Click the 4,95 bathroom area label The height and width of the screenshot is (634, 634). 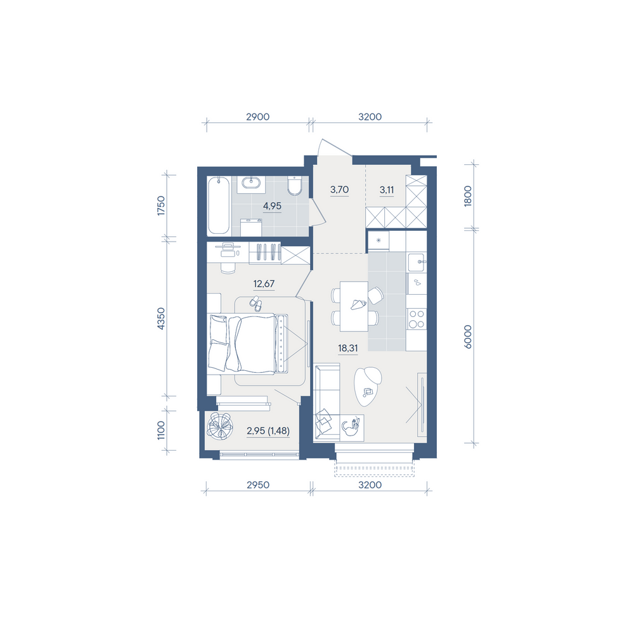tap(272, 206)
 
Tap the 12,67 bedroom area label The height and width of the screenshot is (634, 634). tap(264, 283)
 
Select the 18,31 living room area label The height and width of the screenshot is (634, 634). tap(347, 347)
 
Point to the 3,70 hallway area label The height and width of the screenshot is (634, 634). tap(339, 189)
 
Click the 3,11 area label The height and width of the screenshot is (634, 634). tap(387, 190)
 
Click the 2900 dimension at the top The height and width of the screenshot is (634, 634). tap(258, 117)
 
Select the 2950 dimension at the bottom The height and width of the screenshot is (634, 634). tap(258, 484)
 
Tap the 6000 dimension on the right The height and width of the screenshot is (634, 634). tap(469, 337)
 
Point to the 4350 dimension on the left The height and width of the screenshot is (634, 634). tap(161, 319)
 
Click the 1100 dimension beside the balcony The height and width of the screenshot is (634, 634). tap(161, 430)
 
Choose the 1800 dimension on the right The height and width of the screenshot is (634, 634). tap(469, 196)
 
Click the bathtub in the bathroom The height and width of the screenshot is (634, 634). tap(218, 205)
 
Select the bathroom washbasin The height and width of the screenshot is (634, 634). tap(251, 184)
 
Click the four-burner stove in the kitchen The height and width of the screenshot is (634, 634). tap(416, 319)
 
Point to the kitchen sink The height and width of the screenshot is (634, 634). tap(417, 262)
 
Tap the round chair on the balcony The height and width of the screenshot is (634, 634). tap(219, 426)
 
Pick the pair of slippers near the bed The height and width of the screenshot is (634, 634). tap(255, 304)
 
